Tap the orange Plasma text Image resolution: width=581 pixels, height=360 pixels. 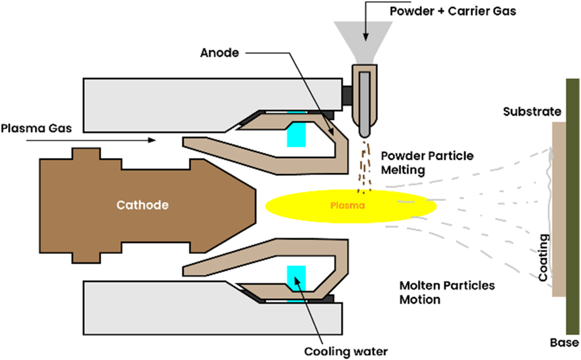348,205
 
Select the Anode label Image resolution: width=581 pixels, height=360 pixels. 219,53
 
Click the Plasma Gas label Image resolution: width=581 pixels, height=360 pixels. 36,128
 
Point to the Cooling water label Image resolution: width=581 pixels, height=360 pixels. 346,351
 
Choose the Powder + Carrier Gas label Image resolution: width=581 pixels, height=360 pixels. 452,11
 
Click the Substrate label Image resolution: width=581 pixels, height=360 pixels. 532,111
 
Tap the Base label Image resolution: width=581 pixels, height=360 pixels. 564,343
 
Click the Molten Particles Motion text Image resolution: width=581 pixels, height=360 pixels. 447,292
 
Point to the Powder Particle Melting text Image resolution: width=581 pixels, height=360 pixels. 427,163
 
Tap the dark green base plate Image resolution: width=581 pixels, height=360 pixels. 572,206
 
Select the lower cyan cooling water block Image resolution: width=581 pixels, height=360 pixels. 296,276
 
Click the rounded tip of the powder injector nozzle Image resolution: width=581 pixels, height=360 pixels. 364,133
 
